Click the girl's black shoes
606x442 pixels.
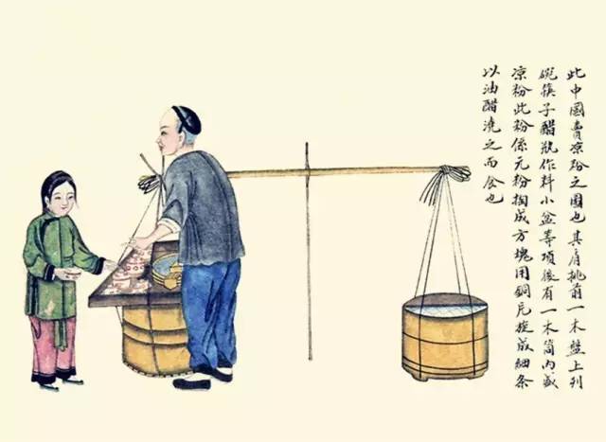point(57,380)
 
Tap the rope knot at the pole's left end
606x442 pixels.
point(148,182)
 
